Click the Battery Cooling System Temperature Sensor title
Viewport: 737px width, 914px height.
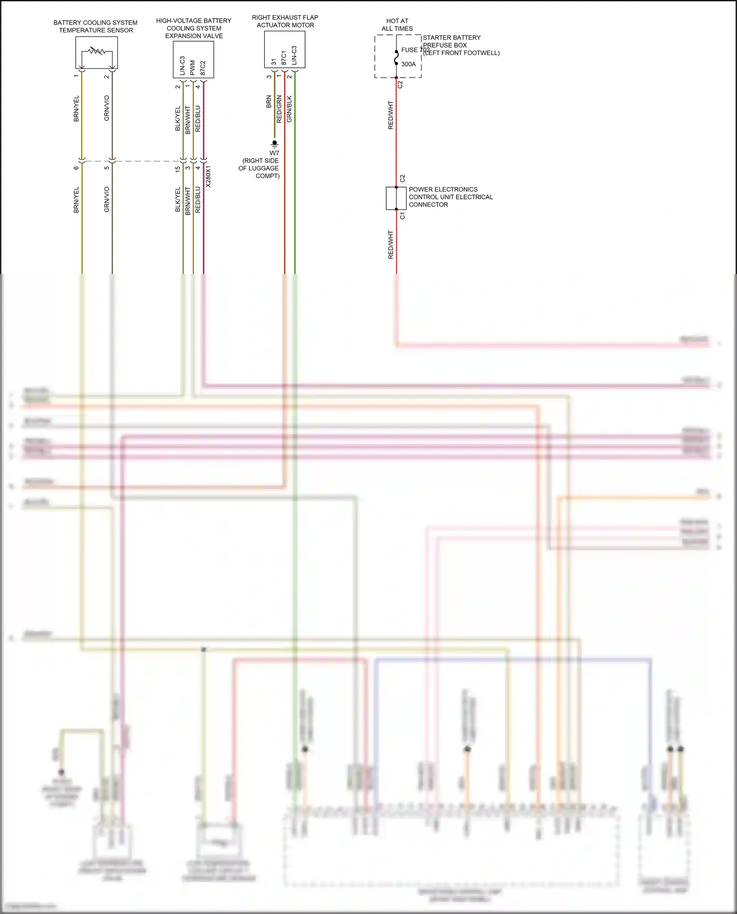pos(95,27)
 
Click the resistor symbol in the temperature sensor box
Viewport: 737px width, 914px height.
pos(97,51)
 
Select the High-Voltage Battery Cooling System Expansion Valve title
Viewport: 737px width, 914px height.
pos(194,28)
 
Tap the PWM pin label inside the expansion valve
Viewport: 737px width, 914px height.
pos(193,68)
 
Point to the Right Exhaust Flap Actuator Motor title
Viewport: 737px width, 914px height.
pos(285,21)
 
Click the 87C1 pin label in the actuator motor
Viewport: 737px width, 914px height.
pos(284,57)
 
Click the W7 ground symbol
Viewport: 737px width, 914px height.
pos(275,144)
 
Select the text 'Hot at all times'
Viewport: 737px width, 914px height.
pos(397,25)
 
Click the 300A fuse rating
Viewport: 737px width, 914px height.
pos(408,64)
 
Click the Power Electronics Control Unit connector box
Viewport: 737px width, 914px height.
pos(396,198)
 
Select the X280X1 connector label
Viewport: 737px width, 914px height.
pos(208,176)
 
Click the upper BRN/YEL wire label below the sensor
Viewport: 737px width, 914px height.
pos(76,109)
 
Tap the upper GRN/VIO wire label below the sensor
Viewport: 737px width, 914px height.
pos(107,109)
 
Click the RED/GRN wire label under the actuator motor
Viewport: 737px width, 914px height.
pos(279,109)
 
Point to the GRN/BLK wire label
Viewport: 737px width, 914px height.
pos(289,109)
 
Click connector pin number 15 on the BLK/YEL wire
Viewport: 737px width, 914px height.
pos(178,169)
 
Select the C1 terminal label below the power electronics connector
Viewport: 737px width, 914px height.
pos(403,216)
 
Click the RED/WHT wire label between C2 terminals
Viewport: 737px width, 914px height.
pos(391,115)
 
